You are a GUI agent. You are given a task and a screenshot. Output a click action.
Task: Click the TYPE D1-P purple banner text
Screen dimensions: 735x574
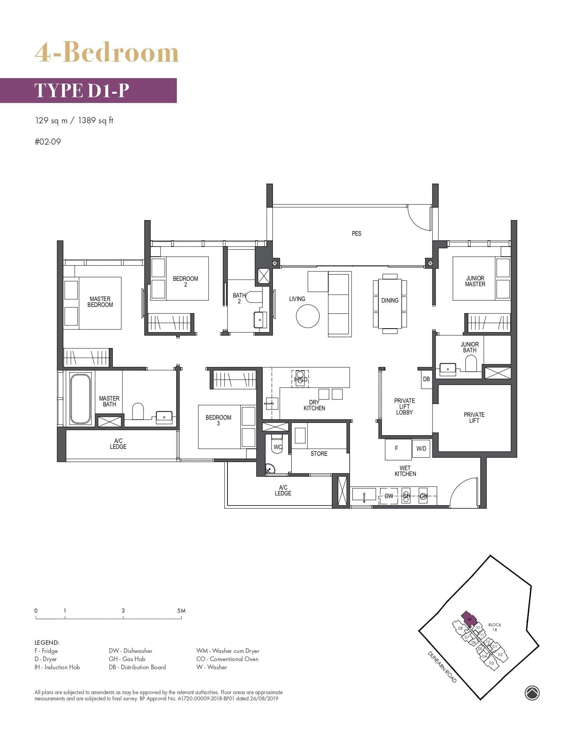pyautogui.click(x=82, y=90)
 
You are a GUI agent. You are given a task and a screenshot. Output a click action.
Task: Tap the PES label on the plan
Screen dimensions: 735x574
pyautogui.click(x=356, y=233)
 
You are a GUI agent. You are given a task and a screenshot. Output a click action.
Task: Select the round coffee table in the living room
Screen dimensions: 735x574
pyautogui.click(x=308, y=316)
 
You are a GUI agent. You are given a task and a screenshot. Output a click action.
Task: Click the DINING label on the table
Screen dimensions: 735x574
pyautogui.click(x=390, y=300)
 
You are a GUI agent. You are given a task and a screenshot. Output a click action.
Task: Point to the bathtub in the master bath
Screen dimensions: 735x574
pyautogui.click(x=80, y=399)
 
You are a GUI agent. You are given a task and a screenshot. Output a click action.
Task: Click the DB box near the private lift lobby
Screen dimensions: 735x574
pyautogui.click(x=426, y=379)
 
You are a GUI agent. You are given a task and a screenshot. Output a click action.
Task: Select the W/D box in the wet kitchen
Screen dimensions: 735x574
pyautogui.click(x=421, y=449)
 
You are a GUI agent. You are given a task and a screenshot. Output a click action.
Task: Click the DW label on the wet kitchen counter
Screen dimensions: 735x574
pyautogui.click(x=389, y=496)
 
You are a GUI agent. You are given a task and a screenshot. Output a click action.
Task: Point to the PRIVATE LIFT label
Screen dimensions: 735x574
pyautogui.click(x=474, y=417)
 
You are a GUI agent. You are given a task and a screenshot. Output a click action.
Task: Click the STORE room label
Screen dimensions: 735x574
pyautogui.click(x=319, y=453)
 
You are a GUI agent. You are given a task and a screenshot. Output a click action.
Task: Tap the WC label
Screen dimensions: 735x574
pyautogui.click(x=278, y=447)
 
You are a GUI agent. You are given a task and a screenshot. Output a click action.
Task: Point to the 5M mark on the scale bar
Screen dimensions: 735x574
pyautogui.click(x=181, y=611)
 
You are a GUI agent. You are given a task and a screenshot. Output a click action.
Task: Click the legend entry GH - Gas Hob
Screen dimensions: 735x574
pyautogui.click(x=127, y=659)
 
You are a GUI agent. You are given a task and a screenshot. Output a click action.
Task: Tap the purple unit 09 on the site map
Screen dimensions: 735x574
pyautogui.click(x=469, y=619)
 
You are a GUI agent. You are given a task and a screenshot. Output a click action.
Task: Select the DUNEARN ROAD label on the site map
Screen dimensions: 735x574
pyautogui.click(x=442, y=667)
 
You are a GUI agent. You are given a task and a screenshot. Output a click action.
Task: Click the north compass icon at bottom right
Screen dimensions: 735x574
pyautogui.click(x=532, y=693)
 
